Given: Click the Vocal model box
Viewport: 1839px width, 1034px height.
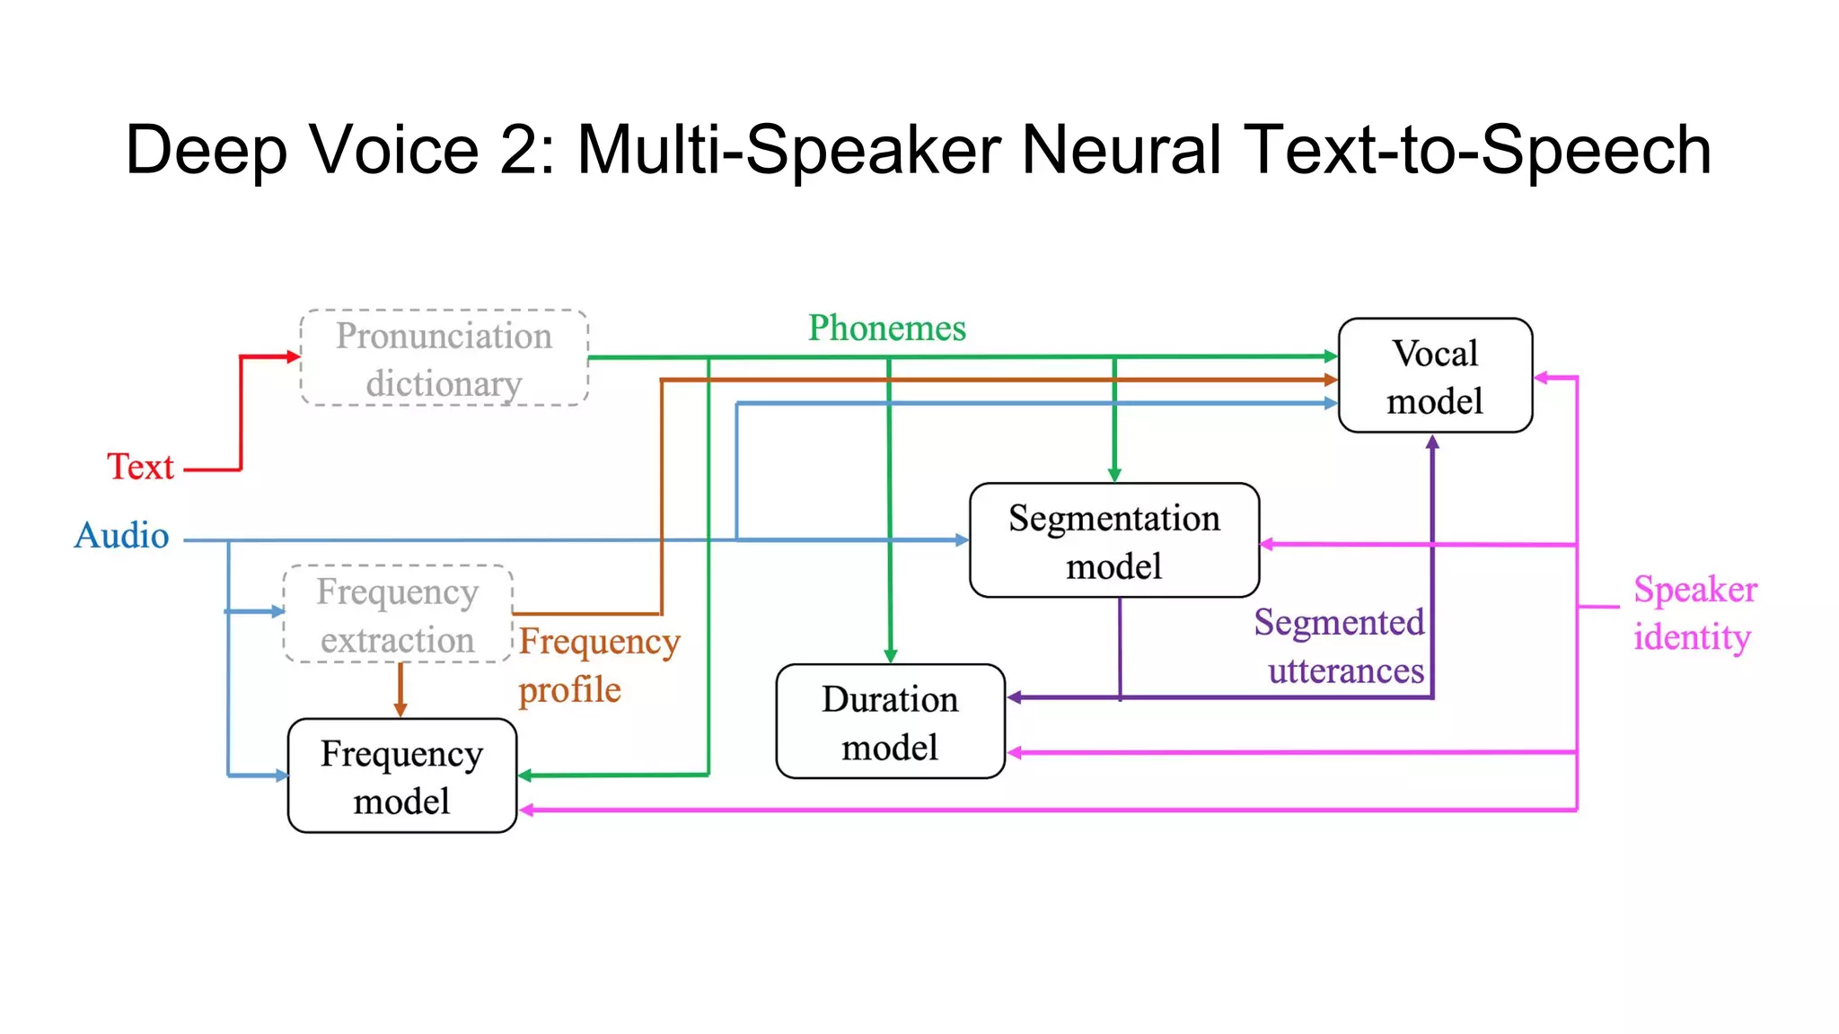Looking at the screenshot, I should (1434, 376).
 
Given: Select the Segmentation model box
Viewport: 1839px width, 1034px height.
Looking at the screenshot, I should (1113, 540).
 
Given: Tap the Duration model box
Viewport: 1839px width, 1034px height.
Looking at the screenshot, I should (889, 722).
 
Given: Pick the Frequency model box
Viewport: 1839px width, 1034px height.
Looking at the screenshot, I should (401, 775).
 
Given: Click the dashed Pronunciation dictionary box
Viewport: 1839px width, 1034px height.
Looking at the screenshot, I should (444, 358).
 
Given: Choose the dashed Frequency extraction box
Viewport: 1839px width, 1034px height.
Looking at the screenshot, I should (398, 615).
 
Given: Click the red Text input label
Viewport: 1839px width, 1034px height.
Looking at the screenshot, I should (140, 467).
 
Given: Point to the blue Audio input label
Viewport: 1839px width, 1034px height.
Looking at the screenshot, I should (121, 536).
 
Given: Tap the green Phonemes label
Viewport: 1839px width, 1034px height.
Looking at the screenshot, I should (886, 329).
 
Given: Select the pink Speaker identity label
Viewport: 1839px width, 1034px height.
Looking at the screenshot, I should (1694, 613).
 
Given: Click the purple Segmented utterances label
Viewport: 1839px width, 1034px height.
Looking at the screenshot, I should (1339, 646).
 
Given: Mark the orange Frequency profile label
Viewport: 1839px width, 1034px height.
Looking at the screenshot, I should (599, 665).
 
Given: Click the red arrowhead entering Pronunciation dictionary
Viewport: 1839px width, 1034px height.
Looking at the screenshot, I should (293, 356).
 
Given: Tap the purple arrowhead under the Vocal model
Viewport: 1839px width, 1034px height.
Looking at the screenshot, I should (1432, 442).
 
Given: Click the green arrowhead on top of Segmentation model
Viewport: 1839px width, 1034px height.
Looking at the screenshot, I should (1114, 475).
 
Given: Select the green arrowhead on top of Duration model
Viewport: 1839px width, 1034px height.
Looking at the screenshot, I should (890, 656).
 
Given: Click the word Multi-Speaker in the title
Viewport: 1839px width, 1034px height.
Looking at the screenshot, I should (788, 150).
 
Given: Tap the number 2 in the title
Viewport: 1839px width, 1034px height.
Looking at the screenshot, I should (519, 150).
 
